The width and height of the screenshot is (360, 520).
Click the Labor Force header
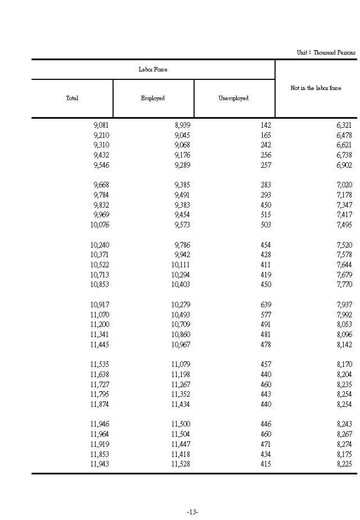(153, 70)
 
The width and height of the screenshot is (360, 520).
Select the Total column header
(72, 98)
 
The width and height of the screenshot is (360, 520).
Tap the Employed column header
(153, 98)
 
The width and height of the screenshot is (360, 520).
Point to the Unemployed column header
(233, 98)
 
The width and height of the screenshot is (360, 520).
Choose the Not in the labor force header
(316, 88)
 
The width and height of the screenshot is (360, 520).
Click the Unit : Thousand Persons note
(326, 52)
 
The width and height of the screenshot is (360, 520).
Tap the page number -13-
(192, 512)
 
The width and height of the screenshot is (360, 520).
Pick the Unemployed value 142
(265, 125)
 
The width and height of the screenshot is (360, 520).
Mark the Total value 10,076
(100, 225)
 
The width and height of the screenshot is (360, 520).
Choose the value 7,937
(344, 305)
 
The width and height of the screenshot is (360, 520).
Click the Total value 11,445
(100, 345)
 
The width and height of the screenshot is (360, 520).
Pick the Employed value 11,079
(181, 365)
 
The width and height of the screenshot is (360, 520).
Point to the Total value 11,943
(100, 464)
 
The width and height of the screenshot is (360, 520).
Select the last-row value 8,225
(344, 464)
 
